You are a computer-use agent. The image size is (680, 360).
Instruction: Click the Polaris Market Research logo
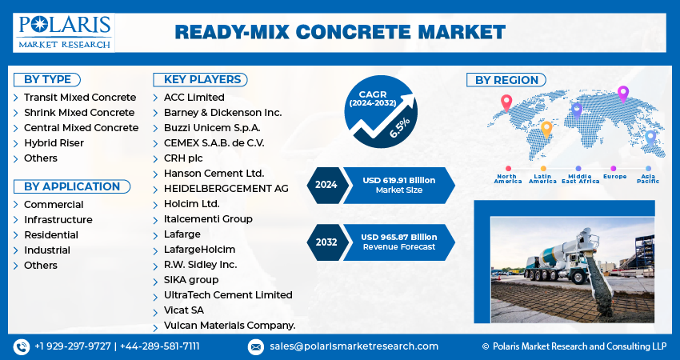tap(64, 32)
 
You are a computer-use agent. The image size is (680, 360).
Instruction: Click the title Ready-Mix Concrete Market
tap(340, 32)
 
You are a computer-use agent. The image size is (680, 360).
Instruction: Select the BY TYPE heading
tap(47, 79)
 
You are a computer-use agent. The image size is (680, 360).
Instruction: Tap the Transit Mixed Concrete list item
tap(80, 98)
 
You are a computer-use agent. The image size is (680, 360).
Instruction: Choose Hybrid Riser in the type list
tap(54, 143)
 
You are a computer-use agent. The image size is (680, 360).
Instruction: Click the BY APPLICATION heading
tap(71, 186)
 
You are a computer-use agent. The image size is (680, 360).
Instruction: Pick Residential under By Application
tap(51, 235)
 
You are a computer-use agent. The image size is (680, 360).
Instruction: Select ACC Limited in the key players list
tap(194, 98)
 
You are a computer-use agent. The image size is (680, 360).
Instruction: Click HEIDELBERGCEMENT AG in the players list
tap(226, 189)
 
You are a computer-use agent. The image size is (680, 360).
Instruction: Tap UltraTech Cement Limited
tap(228, 295)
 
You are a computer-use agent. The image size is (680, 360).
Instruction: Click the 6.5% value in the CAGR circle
tap(399, 128)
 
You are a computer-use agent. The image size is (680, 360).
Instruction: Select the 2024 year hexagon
tap(326, 185)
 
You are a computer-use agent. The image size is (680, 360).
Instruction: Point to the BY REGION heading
tap(506, 80)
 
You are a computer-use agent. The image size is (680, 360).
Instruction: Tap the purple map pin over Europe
tap(623, 94)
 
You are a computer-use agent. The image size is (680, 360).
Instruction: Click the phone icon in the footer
tap(22, 346)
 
